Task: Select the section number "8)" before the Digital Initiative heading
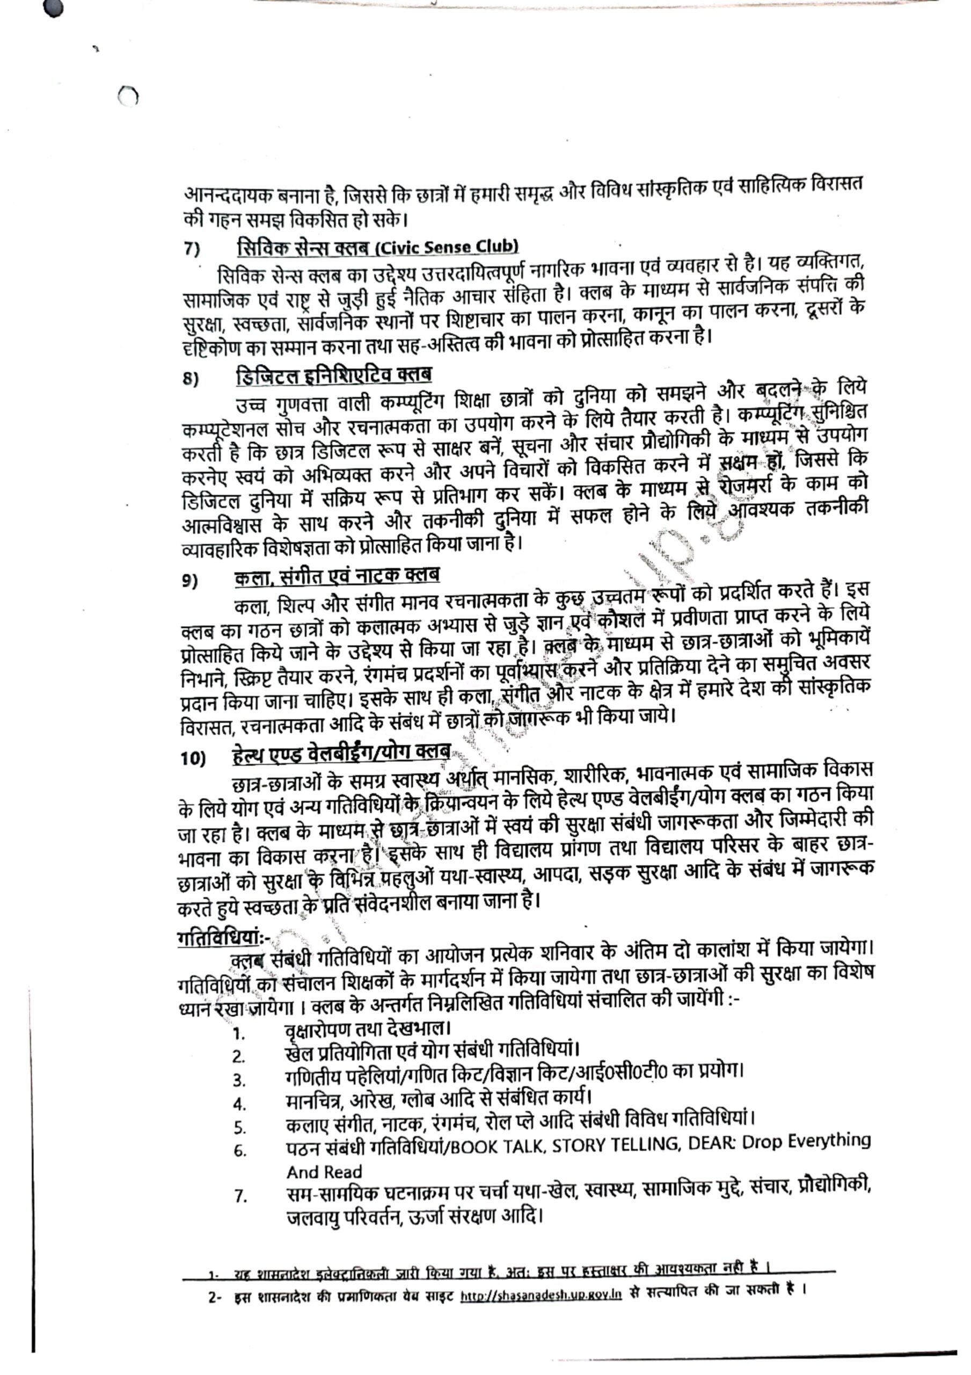(191, 379)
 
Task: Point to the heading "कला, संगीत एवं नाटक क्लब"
(337, 575)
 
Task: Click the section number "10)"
(193, 759)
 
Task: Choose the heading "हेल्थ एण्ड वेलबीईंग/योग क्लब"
(341, 753)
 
